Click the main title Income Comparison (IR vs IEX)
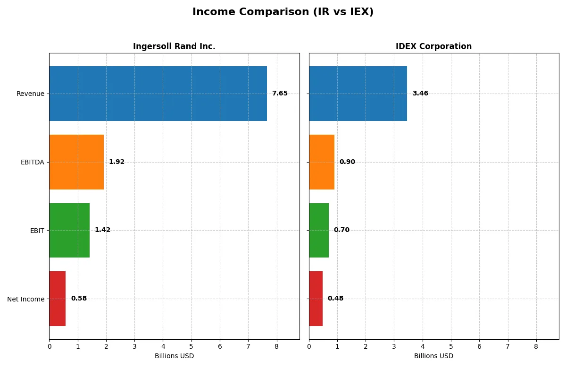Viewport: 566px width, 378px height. [x=283, y=12]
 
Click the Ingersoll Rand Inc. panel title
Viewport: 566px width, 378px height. [x=174, y=46]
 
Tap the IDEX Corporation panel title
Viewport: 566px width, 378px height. [x=433, y=46]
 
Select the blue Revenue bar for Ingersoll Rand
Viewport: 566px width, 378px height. [x=158, y=94]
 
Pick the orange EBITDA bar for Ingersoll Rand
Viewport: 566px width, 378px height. [x=76, y=162]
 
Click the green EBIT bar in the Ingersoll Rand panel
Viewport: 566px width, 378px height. [x=69, y=230]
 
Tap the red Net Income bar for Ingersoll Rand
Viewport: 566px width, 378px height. [x=58, y=299]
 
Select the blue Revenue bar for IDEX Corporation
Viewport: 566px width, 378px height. [x=358, y=94]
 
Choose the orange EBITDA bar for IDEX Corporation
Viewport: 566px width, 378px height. [x=322, y=162]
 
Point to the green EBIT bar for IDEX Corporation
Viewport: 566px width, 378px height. [x=319, y=230]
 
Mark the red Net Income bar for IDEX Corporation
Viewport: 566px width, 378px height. [x=316, y=299]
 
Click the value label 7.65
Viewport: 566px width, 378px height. [x=280, y=94]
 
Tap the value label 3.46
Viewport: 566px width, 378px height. [x=420, y=94]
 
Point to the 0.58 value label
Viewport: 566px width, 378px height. [x=79, y=299]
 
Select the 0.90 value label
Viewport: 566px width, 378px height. [x=347, y=162]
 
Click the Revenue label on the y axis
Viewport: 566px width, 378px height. [x=30, y=94]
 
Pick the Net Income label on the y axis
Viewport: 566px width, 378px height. [x=26, y=299]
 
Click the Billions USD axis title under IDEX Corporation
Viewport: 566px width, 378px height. [x=433, y=356]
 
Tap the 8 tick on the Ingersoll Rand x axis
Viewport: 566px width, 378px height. [x=276, y=346]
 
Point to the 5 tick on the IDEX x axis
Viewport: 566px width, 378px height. [x=451, y=346]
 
